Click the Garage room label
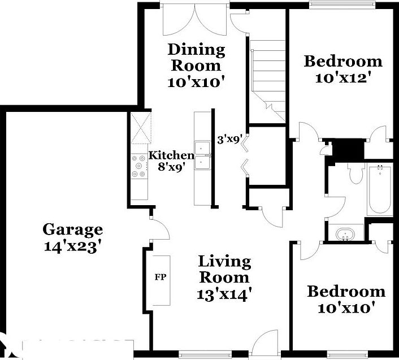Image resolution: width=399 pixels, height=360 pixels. [x=73, y=229]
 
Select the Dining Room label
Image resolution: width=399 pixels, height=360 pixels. [x=196, y=57]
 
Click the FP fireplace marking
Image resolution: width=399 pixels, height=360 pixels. [x=161, y=277]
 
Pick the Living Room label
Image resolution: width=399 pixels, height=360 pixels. [x=224, y=270]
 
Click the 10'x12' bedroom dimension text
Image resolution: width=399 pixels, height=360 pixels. [x=343, y=77]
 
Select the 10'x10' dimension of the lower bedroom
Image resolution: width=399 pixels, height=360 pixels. [x=346, y=309]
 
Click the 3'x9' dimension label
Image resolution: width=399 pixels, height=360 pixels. [x=230, y=138]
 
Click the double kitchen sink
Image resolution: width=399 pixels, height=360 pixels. [x=202, y=154]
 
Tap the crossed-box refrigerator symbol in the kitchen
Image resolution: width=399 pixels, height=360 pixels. [x=141, y=128]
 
